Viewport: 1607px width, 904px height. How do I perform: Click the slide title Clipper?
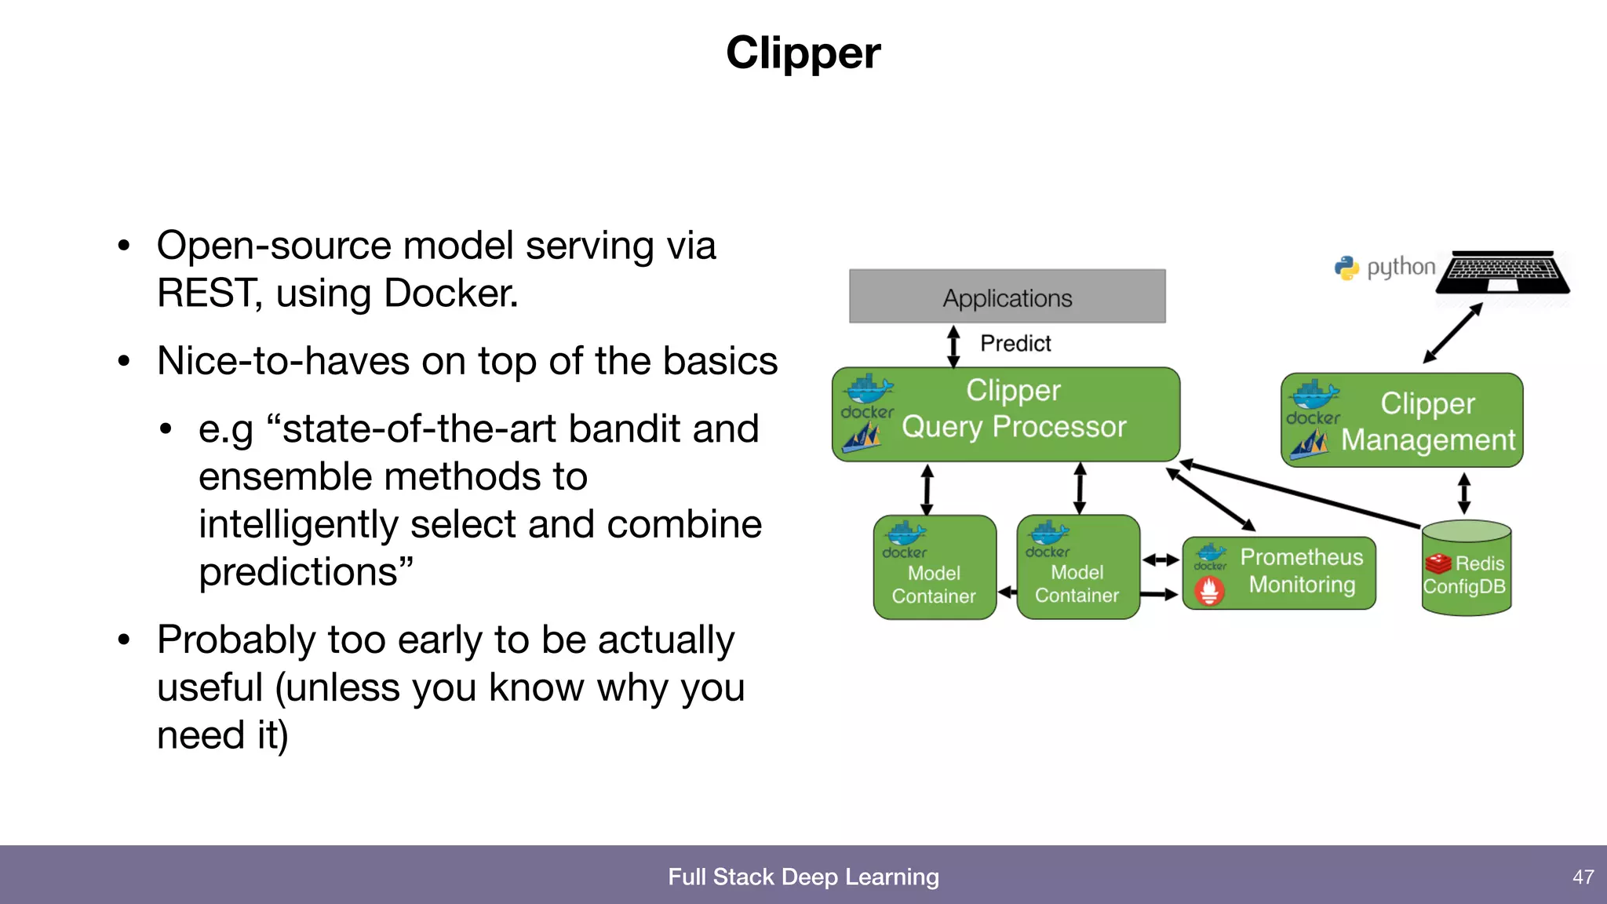[803, 53]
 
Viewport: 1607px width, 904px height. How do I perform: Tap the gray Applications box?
[1007, 297]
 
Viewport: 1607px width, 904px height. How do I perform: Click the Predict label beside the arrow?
[1015, 344]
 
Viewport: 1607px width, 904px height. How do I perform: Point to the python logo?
[1346, 268]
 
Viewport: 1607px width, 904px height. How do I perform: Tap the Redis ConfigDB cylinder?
[1466, 569]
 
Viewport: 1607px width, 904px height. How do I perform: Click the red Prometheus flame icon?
[1209, 591]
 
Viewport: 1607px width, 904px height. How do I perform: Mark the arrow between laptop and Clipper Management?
[1453, 333]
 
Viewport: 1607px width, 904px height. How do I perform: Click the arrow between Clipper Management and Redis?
[1464, 494]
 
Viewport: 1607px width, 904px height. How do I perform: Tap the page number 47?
[1583, 877]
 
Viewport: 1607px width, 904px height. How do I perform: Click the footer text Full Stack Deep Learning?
[803, 877]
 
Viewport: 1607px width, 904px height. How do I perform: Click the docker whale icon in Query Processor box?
[868, 388]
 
